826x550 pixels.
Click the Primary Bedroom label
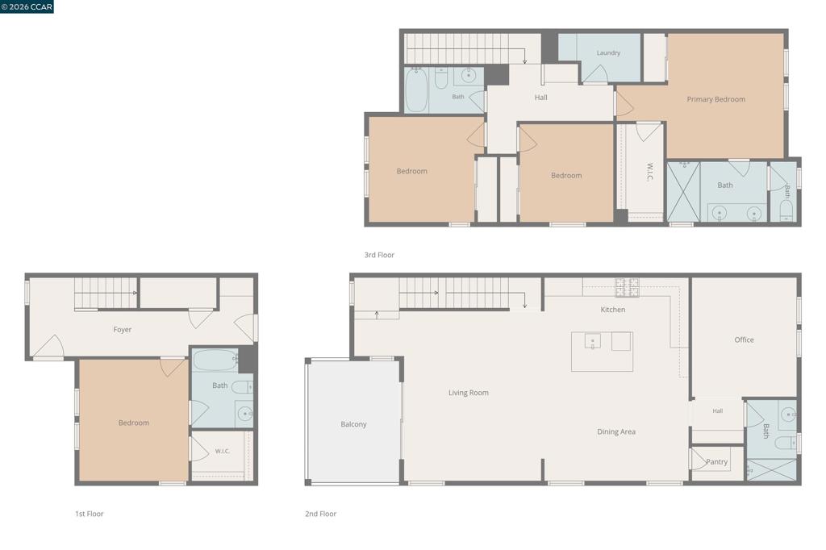(716, 99)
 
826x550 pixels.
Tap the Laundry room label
(608, 52)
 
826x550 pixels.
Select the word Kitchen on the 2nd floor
(613, 310)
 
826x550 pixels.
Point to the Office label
(744, 340)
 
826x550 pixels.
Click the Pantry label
(716, 462)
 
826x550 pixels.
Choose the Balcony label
(353, 424)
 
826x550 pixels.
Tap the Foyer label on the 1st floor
(123, 330)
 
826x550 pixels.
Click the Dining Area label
(615, 432)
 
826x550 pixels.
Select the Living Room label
(469, 393)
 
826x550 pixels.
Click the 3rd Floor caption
(379, 255)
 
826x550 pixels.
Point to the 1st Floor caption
(89, 514)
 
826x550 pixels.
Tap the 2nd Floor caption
(320, 514)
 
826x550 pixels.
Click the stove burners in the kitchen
(627, 287)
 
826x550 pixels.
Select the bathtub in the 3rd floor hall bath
(416, 90)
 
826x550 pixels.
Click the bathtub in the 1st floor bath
(215, 360)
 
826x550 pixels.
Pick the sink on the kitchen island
(593, 341)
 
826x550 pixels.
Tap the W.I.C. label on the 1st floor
(223, 452)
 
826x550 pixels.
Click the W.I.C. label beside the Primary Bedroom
(649, 172)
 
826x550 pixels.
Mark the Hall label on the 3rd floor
(541, 98)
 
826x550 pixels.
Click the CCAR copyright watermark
(27, 6)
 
